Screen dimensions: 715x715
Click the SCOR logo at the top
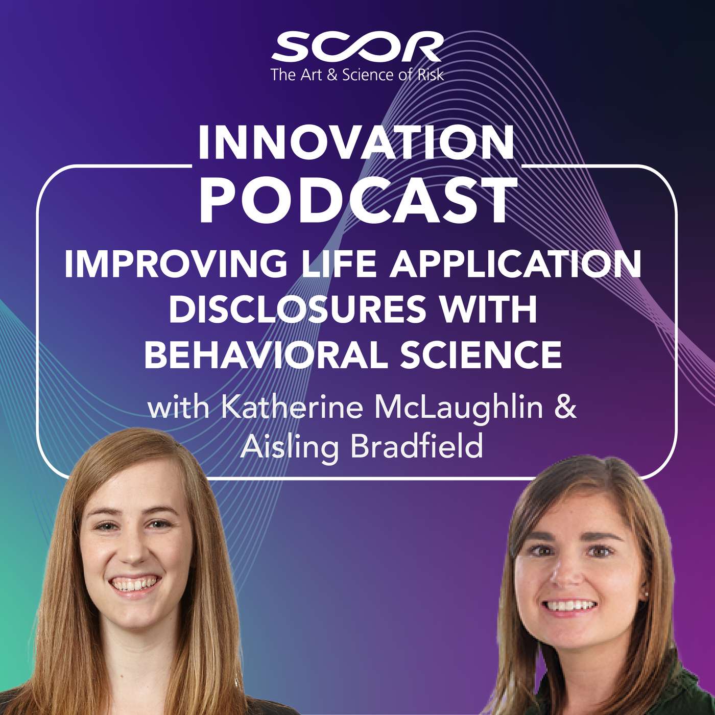click(357, 47)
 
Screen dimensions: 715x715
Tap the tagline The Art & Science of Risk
click(357, 75)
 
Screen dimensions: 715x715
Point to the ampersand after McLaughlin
click(567, 408)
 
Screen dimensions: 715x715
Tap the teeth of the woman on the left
click(134, 584)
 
